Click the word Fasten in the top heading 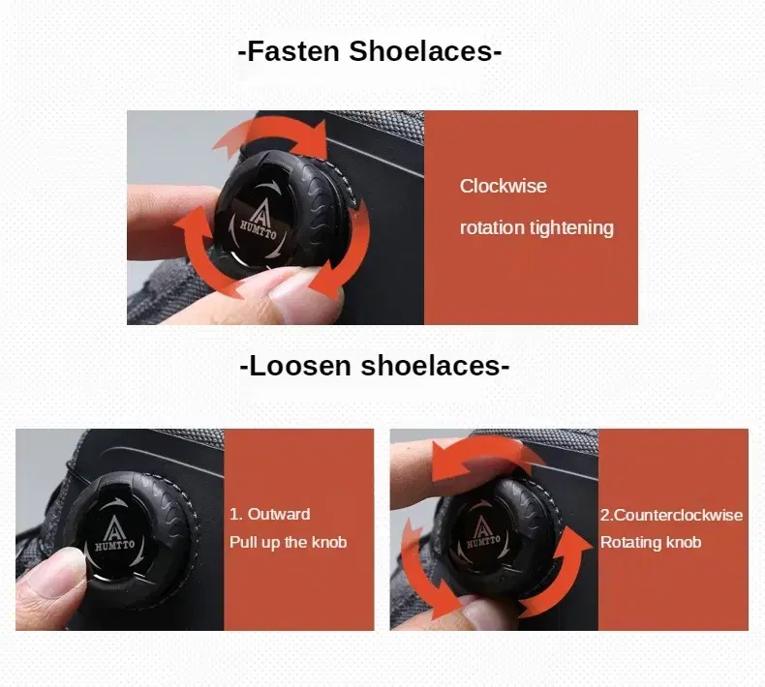pyautogui.click(x=293, y=51)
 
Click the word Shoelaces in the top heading pyautogui.click(x=421, y=51)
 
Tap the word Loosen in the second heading pyautogui.click(x=300, y=366)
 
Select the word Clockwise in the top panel pyautogui.click(x=503, y=186)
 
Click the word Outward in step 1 pyautogui.click(x=279, y=514)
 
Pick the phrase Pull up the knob pyautogui.click(x=289, y=542)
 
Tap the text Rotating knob pyautogui.click(x=651, y=542)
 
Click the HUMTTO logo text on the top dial pyautogui.click(x=259, y=229)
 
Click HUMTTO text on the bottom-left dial pyautogui.click(x=114, y=545)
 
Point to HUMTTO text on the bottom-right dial pyautogui.click(x=483, y=541)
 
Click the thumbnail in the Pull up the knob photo pyautogui.click(x=54, y=572)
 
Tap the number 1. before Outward pyautogui.click(x=236, y=514)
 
